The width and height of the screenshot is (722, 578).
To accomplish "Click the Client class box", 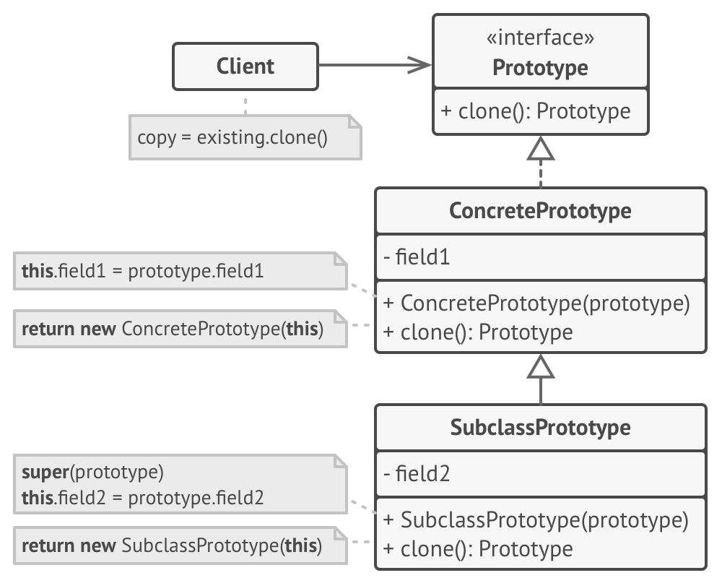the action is [245, 66].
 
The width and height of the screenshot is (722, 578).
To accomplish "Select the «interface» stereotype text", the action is [540, 38].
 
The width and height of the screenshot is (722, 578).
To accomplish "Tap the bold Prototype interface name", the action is [540, 68].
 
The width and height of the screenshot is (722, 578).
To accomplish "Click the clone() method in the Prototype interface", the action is [536, 111].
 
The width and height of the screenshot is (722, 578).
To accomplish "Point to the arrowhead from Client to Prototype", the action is [419, 65].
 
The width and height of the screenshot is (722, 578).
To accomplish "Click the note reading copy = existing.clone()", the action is [245, 137].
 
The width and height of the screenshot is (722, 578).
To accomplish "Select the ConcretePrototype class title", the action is [540, 211].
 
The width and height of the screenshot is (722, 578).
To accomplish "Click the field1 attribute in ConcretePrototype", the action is [417, 256].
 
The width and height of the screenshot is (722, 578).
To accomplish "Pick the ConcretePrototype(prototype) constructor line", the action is [536, 303].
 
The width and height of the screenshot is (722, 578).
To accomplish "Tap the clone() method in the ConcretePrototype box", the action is [478, 332].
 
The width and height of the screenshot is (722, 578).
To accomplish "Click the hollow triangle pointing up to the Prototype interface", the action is [541, 148].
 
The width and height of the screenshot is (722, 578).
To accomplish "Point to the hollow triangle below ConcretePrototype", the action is [541, 366].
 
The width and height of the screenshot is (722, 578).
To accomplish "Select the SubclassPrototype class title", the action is [540, 427].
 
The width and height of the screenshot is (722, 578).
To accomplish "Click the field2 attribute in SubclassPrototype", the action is [417, 473].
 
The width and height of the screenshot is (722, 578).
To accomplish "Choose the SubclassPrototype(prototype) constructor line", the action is [536, 520].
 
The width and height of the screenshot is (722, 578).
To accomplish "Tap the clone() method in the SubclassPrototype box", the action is [478, 548].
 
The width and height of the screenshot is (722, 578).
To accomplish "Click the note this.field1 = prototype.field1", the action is [180, 271].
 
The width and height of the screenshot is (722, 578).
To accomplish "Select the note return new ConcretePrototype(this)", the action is [180, 329].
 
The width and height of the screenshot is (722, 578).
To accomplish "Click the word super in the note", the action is [45, 472].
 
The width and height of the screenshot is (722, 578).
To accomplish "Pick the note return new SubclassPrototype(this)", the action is [180, 545].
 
